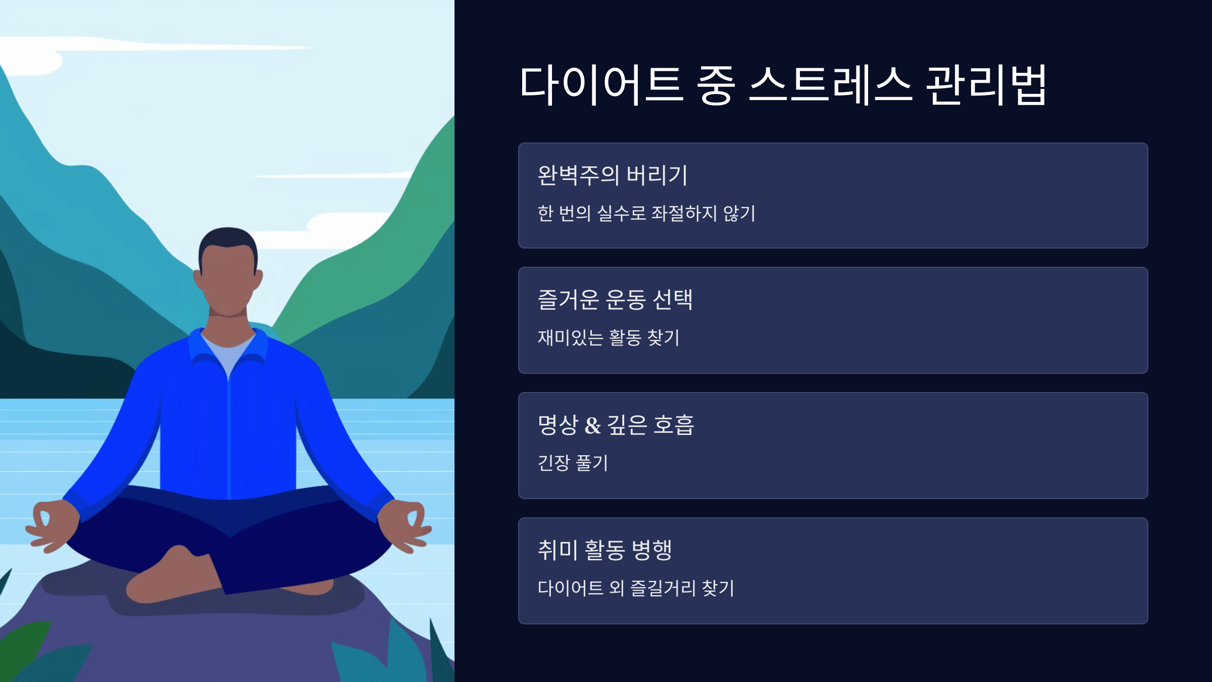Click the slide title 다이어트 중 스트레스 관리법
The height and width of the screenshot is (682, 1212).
[x=783, y=85]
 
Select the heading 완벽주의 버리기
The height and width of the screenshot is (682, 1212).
[x=612, y=175]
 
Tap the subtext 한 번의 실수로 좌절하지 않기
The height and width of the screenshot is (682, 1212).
[x=646, y=213]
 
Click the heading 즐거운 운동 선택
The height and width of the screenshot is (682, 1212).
[x=615, y=300]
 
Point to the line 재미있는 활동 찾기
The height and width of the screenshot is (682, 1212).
[x=609, y=337]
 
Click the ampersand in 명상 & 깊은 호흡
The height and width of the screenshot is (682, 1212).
[x=592, y=425]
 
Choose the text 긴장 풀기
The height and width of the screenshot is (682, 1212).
[x=573, y=463]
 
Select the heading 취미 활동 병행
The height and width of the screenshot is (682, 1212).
[x=604, y=550]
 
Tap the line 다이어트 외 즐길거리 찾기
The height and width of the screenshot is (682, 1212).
[x=636, y=588]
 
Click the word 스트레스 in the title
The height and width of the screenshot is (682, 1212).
[x=831, y=85]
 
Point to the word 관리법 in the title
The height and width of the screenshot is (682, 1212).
[x=986, y=85]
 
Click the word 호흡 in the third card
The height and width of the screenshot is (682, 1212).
[x=674, y=425]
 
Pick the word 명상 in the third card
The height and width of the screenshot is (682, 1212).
[x=558, y=425]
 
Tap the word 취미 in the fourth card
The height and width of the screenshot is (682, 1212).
[x=558, y=550]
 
